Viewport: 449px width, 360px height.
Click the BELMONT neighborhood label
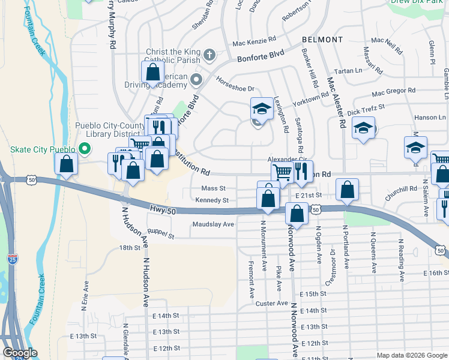pyautogui.click(x=323, y=40)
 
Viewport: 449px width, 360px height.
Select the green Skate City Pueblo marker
pyautogui.click(x=85, y=149)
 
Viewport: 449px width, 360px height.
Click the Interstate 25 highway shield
pyautogui.click(x=13, y=259)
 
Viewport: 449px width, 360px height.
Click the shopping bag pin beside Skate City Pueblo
pyautogui.click(x=65, y=164)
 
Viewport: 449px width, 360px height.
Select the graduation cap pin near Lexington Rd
pyautogui.click(x=261, y=108)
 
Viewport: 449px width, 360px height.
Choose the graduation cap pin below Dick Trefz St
pyautogui.click(x=363, y=127)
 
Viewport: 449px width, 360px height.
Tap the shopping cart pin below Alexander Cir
pyautogui.click(x=282, y=172)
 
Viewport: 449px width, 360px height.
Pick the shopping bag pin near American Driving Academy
pyautogui.click(x=153, y=71)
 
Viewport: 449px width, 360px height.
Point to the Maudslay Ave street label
pyautogui.click(x=213, y=224)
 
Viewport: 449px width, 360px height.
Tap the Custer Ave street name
pyautogui.click(x=272, y=304)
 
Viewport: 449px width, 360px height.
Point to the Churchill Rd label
pyautogui.click(x=402, y=188)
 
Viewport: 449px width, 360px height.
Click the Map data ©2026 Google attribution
pyautogui.click(x=411, y=355)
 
